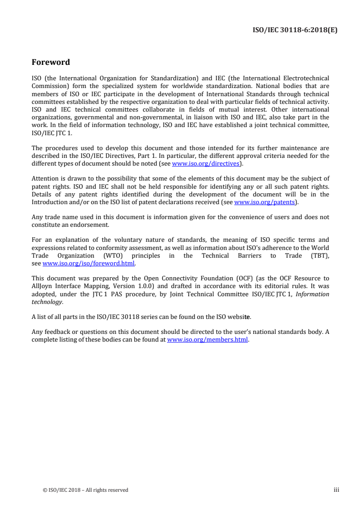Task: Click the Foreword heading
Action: [51, 62]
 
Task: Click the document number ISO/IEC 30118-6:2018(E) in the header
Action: [295, 31]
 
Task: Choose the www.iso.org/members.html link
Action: [208, 339]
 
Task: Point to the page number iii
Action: [336, 490]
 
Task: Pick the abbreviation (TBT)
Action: [319, 256]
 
